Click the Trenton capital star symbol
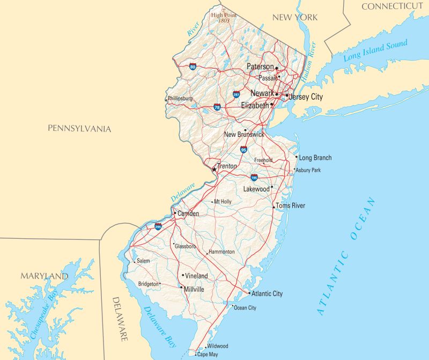click(214, 169)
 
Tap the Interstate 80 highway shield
click(193, 67)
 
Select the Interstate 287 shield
click(236, 94)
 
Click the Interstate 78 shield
click(217, 107)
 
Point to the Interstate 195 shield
click(254, 177)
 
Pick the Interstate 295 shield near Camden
click(158, 227)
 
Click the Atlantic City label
click(267, 294)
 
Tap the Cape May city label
click(208, 355)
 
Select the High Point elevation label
click(223, 18)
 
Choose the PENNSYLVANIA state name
click(79, 129)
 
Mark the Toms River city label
click(291, 205)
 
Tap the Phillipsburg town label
click(180, 99)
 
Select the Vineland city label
click(197, 276)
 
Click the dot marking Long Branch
click(297, 157)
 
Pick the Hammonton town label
click(221, 252)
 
